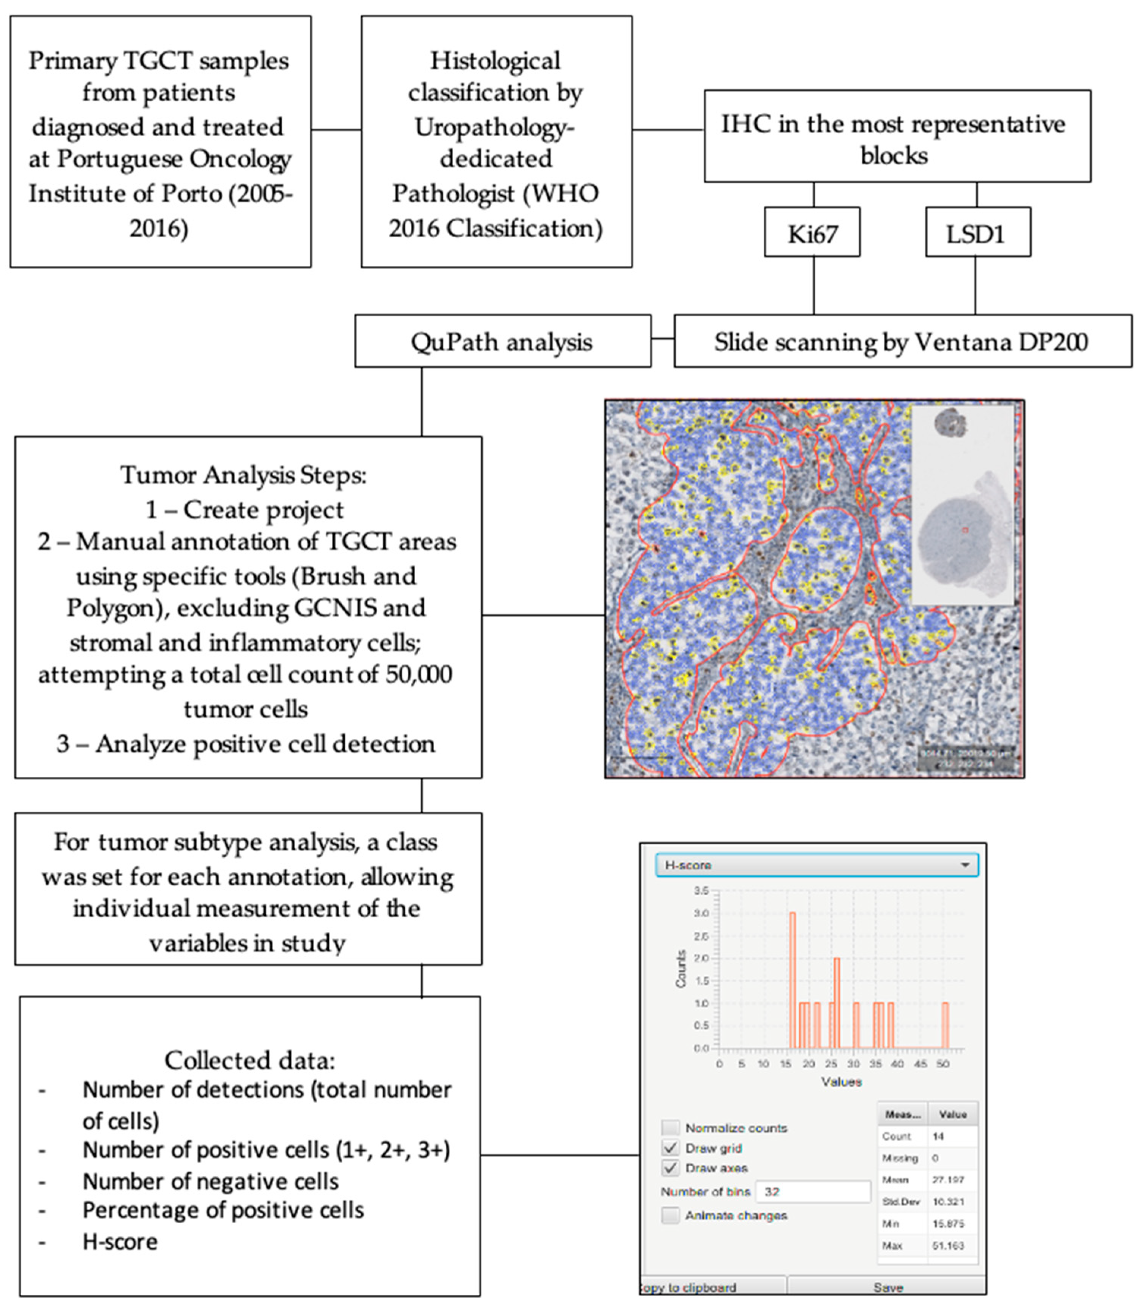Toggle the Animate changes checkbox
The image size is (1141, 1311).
(x=670, y=1215)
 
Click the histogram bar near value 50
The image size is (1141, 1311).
(x=945, y=1025)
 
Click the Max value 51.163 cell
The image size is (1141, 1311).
(x=948, y=1245)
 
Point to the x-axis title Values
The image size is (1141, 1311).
(x=841, y=1082)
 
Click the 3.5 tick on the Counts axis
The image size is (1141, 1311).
(x=700, y=890)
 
